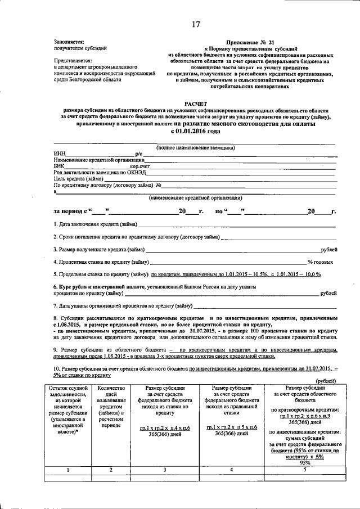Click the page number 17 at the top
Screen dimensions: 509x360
point(196,24)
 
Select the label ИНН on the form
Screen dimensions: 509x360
point(59,153)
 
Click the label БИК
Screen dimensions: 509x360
point(59,166)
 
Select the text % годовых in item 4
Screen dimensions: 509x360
point(322,262)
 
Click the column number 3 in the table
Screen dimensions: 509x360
point(165,470)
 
